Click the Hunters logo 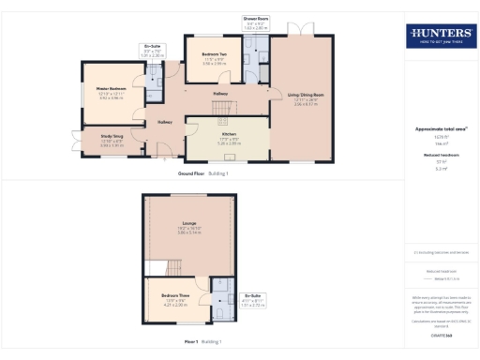440,37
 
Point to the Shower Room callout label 255,19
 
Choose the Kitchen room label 229,134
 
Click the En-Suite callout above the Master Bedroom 151,47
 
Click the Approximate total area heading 440,127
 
